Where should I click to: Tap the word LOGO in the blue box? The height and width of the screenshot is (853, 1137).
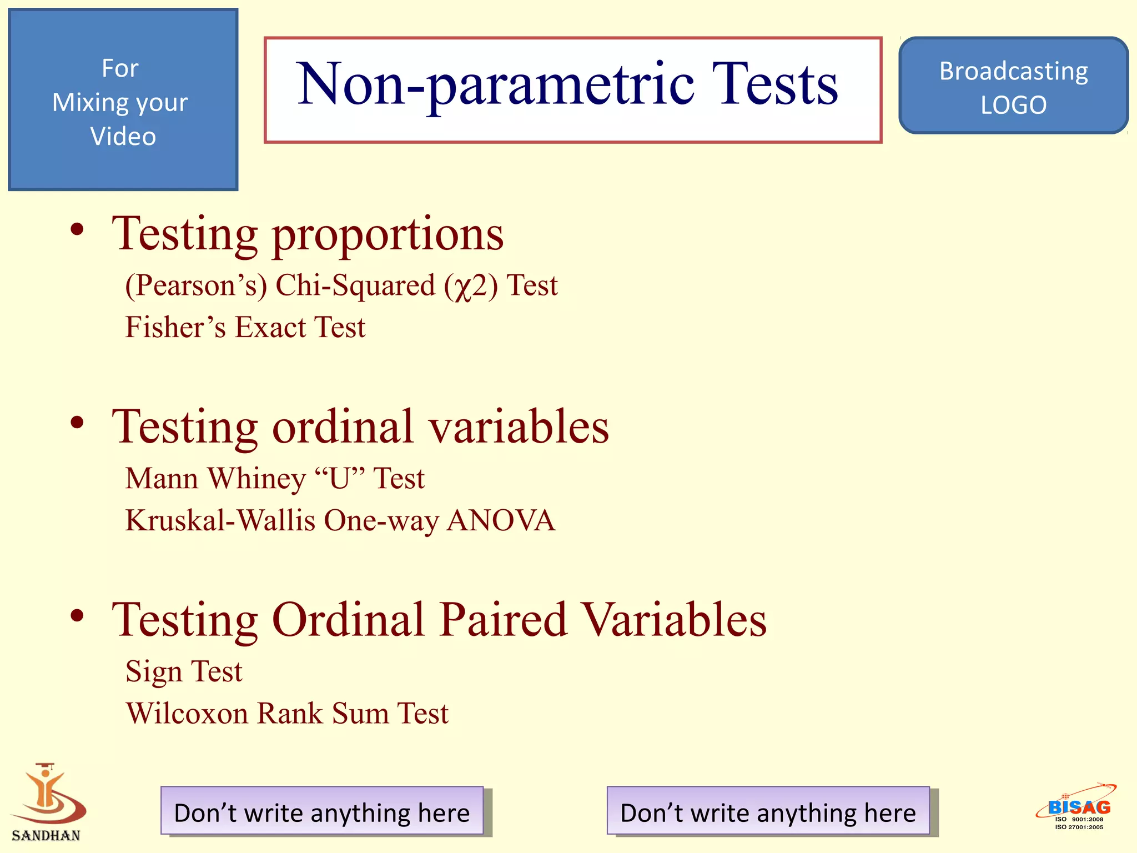[x=1013, y=105]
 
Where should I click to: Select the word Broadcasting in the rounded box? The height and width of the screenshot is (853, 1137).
[x=1013, y=71]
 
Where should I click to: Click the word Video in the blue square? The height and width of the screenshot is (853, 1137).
[x=123, y=137]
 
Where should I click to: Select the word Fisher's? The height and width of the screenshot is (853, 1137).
[x=175, y=327]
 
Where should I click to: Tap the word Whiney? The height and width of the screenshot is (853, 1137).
[x=256, y=479]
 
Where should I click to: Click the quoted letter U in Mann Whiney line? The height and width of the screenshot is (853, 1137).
[x=339, y=478]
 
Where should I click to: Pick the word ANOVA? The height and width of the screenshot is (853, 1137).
[x=501, y=520]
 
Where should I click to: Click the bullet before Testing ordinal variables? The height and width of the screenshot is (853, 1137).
[x=77, y=423]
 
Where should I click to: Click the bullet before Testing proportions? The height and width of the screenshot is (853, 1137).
[x=77, y=229]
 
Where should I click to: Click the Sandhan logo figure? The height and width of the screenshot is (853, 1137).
[x=47, y=794]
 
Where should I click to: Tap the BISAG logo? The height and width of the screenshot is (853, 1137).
[x=1078, y=807]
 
